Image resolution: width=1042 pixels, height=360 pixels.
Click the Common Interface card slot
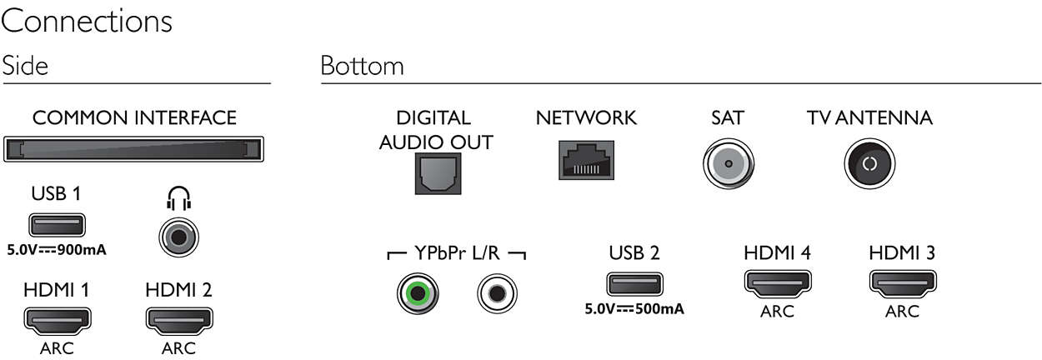[133, 151]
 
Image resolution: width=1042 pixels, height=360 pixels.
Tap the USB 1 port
[57, 226]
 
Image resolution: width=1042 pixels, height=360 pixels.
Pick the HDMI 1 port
[57, 319]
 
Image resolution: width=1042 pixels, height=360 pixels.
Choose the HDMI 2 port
[179, 319]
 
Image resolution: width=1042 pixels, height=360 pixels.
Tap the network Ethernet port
[586, 158]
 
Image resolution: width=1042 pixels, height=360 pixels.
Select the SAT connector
[729, 162]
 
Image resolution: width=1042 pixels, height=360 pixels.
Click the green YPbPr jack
[417, 294]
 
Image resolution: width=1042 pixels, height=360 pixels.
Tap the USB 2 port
[634, 283]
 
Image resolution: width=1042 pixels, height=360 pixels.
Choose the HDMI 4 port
[777, 283]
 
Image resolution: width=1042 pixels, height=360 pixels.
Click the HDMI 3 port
[902, 283]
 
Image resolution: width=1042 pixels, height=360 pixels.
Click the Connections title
[87, 22]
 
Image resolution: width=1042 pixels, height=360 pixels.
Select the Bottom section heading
[362, 66]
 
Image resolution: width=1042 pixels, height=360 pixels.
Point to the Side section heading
[25, 66]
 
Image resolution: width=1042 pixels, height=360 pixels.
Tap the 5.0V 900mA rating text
[58, 249]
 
